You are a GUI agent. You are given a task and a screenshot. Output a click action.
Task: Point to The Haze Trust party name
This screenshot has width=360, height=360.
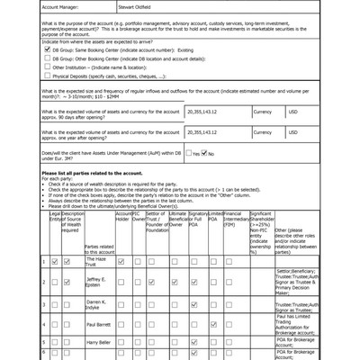(x=96, y=261)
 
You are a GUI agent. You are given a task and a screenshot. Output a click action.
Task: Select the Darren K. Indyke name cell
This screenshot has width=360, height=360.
(x=96, y=303)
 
